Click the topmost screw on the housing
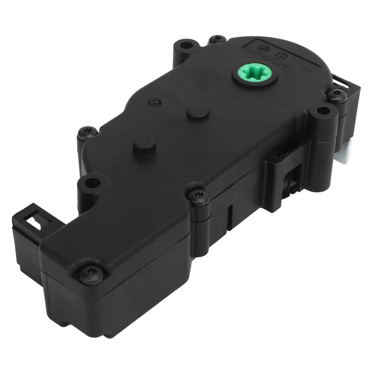point(218,39)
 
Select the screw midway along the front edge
point(199,196)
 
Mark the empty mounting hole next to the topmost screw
point(186,46)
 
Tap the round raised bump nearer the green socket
point(198,112)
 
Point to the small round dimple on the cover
point(154,103)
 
